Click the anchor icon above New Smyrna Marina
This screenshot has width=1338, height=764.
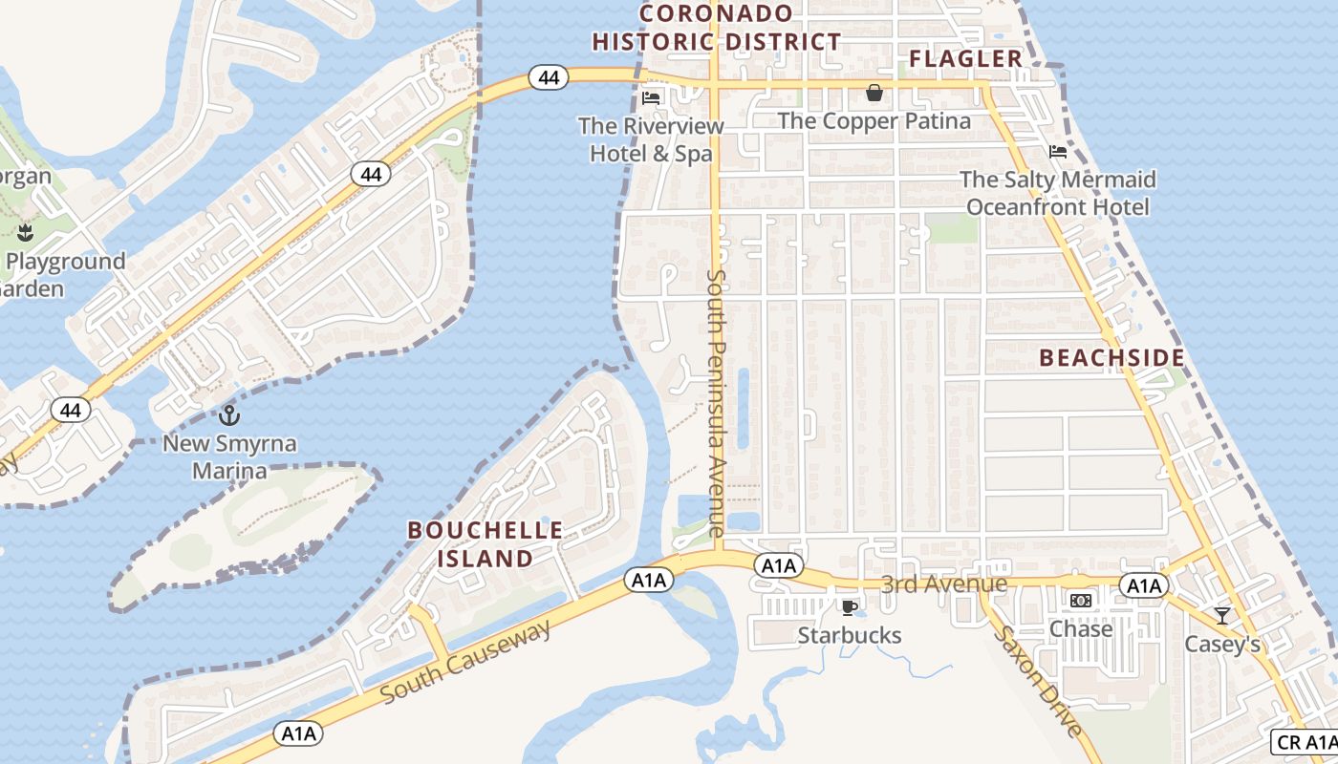tap(228, 415)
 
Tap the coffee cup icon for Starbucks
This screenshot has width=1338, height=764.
tap(848, 607)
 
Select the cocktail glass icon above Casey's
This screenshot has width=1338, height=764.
tap(1221, 616)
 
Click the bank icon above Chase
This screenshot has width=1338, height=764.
tap(1081, 601)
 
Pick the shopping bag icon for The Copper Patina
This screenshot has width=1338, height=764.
tap(874, 93)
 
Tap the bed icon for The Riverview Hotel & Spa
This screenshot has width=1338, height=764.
tap(651, 97)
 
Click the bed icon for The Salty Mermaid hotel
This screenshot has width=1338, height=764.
tap(1058, 151)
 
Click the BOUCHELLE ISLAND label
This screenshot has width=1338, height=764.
tap(485, 543)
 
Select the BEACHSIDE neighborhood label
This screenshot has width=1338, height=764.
tap(1111, 358)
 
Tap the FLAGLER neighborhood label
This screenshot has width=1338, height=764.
tap(965, 59)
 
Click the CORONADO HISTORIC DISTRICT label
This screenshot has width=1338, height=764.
tap(716, 28)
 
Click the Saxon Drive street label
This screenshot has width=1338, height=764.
tap(1038, 681)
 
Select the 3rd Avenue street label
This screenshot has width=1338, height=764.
tap(943, 584)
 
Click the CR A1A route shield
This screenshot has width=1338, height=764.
tap(1305, 742)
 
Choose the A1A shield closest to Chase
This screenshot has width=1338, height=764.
tap(1143, 585)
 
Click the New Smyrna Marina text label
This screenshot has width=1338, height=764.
tap(229, 457)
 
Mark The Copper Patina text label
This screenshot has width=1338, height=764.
tap(874, 121)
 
